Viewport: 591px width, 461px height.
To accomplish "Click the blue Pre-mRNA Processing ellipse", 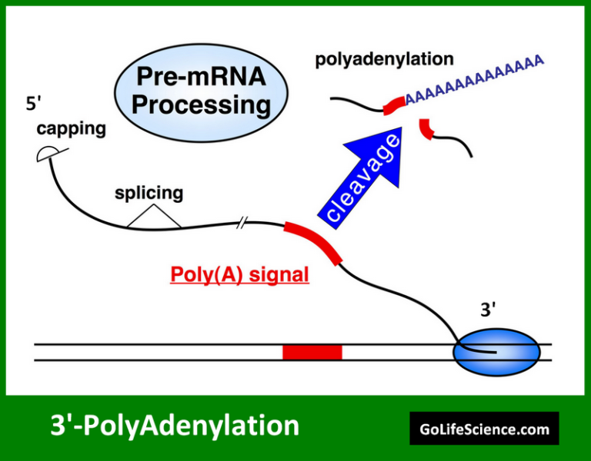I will coord(199,91).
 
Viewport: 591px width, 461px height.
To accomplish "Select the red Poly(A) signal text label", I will coord(239,275).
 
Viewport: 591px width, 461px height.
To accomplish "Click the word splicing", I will coord(149,192).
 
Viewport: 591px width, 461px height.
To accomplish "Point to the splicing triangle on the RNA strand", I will coord(154,218).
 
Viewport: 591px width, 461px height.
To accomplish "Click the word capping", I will coord(71,128).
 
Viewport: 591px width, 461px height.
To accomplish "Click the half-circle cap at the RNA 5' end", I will coord(46,155).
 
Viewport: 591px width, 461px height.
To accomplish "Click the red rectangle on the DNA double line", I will coord(312,352).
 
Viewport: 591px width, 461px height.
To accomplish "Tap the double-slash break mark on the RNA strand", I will coord(242,224).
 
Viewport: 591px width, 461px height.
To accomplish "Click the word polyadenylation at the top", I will coord(384,59).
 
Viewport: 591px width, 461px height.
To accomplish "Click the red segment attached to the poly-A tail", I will coord(393,104).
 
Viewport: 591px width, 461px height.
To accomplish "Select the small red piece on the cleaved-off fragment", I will coord(426,128).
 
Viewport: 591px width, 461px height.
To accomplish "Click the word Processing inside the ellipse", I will coord(200,104).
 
